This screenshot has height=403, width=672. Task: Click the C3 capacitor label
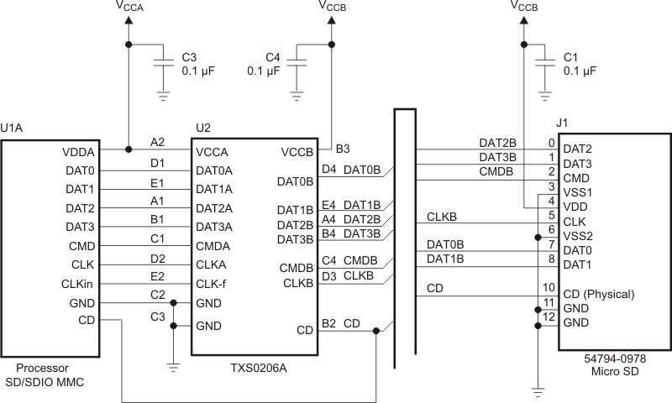coord(189,57)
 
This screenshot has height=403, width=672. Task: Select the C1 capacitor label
coord(570,57)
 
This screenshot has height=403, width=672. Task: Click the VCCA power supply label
coord(129,8)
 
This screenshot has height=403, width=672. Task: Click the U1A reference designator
coord(12,128)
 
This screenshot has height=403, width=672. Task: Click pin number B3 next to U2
coord(343,149)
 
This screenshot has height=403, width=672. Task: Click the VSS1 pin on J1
coord(579,191)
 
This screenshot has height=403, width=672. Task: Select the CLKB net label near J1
coord(442,217)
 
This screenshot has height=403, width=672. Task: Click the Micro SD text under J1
coord(614,372)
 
